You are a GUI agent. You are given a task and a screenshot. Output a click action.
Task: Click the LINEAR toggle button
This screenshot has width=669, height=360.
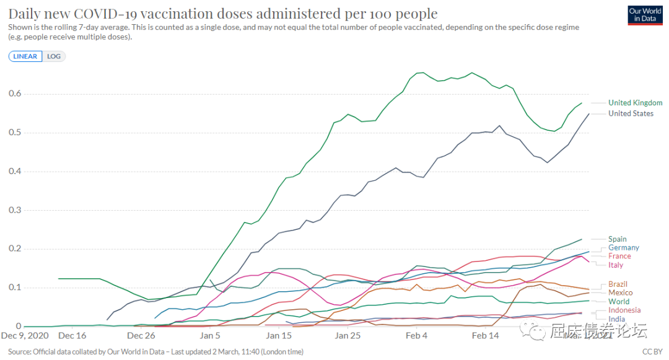click(x=25, y=56)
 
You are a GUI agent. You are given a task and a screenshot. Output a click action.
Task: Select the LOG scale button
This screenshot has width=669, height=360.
click(x=54, y=56)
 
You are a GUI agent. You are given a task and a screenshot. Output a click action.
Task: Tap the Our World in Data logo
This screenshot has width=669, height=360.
click(x=645, y=15)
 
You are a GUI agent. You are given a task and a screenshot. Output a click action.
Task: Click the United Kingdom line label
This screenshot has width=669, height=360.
click(x=635, y=103)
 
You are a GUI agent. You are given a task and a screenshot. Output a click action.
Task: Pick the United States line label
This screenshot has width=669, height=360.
click(x=631, y=113)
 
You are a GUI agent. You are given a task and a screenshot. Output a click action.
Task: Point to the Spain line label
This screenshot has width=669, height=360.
click(x=617, y=239)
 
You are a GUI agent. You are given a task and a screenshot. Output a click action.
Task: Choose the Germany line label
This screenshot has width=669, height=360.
click(x=623, y=248)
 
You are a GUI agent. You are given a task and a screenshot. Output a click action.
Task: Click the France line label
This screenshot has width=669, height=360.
click(x=619, y=256)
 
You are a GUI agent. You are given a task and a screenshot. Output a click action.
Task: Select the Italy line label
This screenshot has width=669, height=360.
click(x=616, y=265)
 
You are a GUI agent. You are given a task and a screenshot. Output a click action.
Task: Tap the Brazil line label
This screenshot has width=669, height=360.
click(x=618, y=284)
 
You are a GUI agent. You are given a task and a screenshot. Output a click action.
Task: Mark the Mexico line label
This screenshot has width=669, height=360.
click(x=620, y=292)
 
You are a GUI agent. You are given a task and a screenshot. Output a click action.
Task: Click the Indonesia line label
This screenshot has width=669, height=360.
click(x=624, y=310)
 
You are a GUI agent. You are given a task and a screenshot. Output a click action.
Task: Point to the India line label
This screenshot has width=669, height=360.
click(x=616, y=319)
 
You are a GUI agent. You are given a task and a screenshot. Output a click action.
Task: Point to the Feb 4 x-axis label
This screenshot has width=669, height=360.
click(x=416, y=336)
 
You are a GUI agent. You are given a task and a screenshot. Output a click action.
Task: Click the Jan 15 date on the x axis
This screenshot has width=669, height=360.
click(x=279, y=336)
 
